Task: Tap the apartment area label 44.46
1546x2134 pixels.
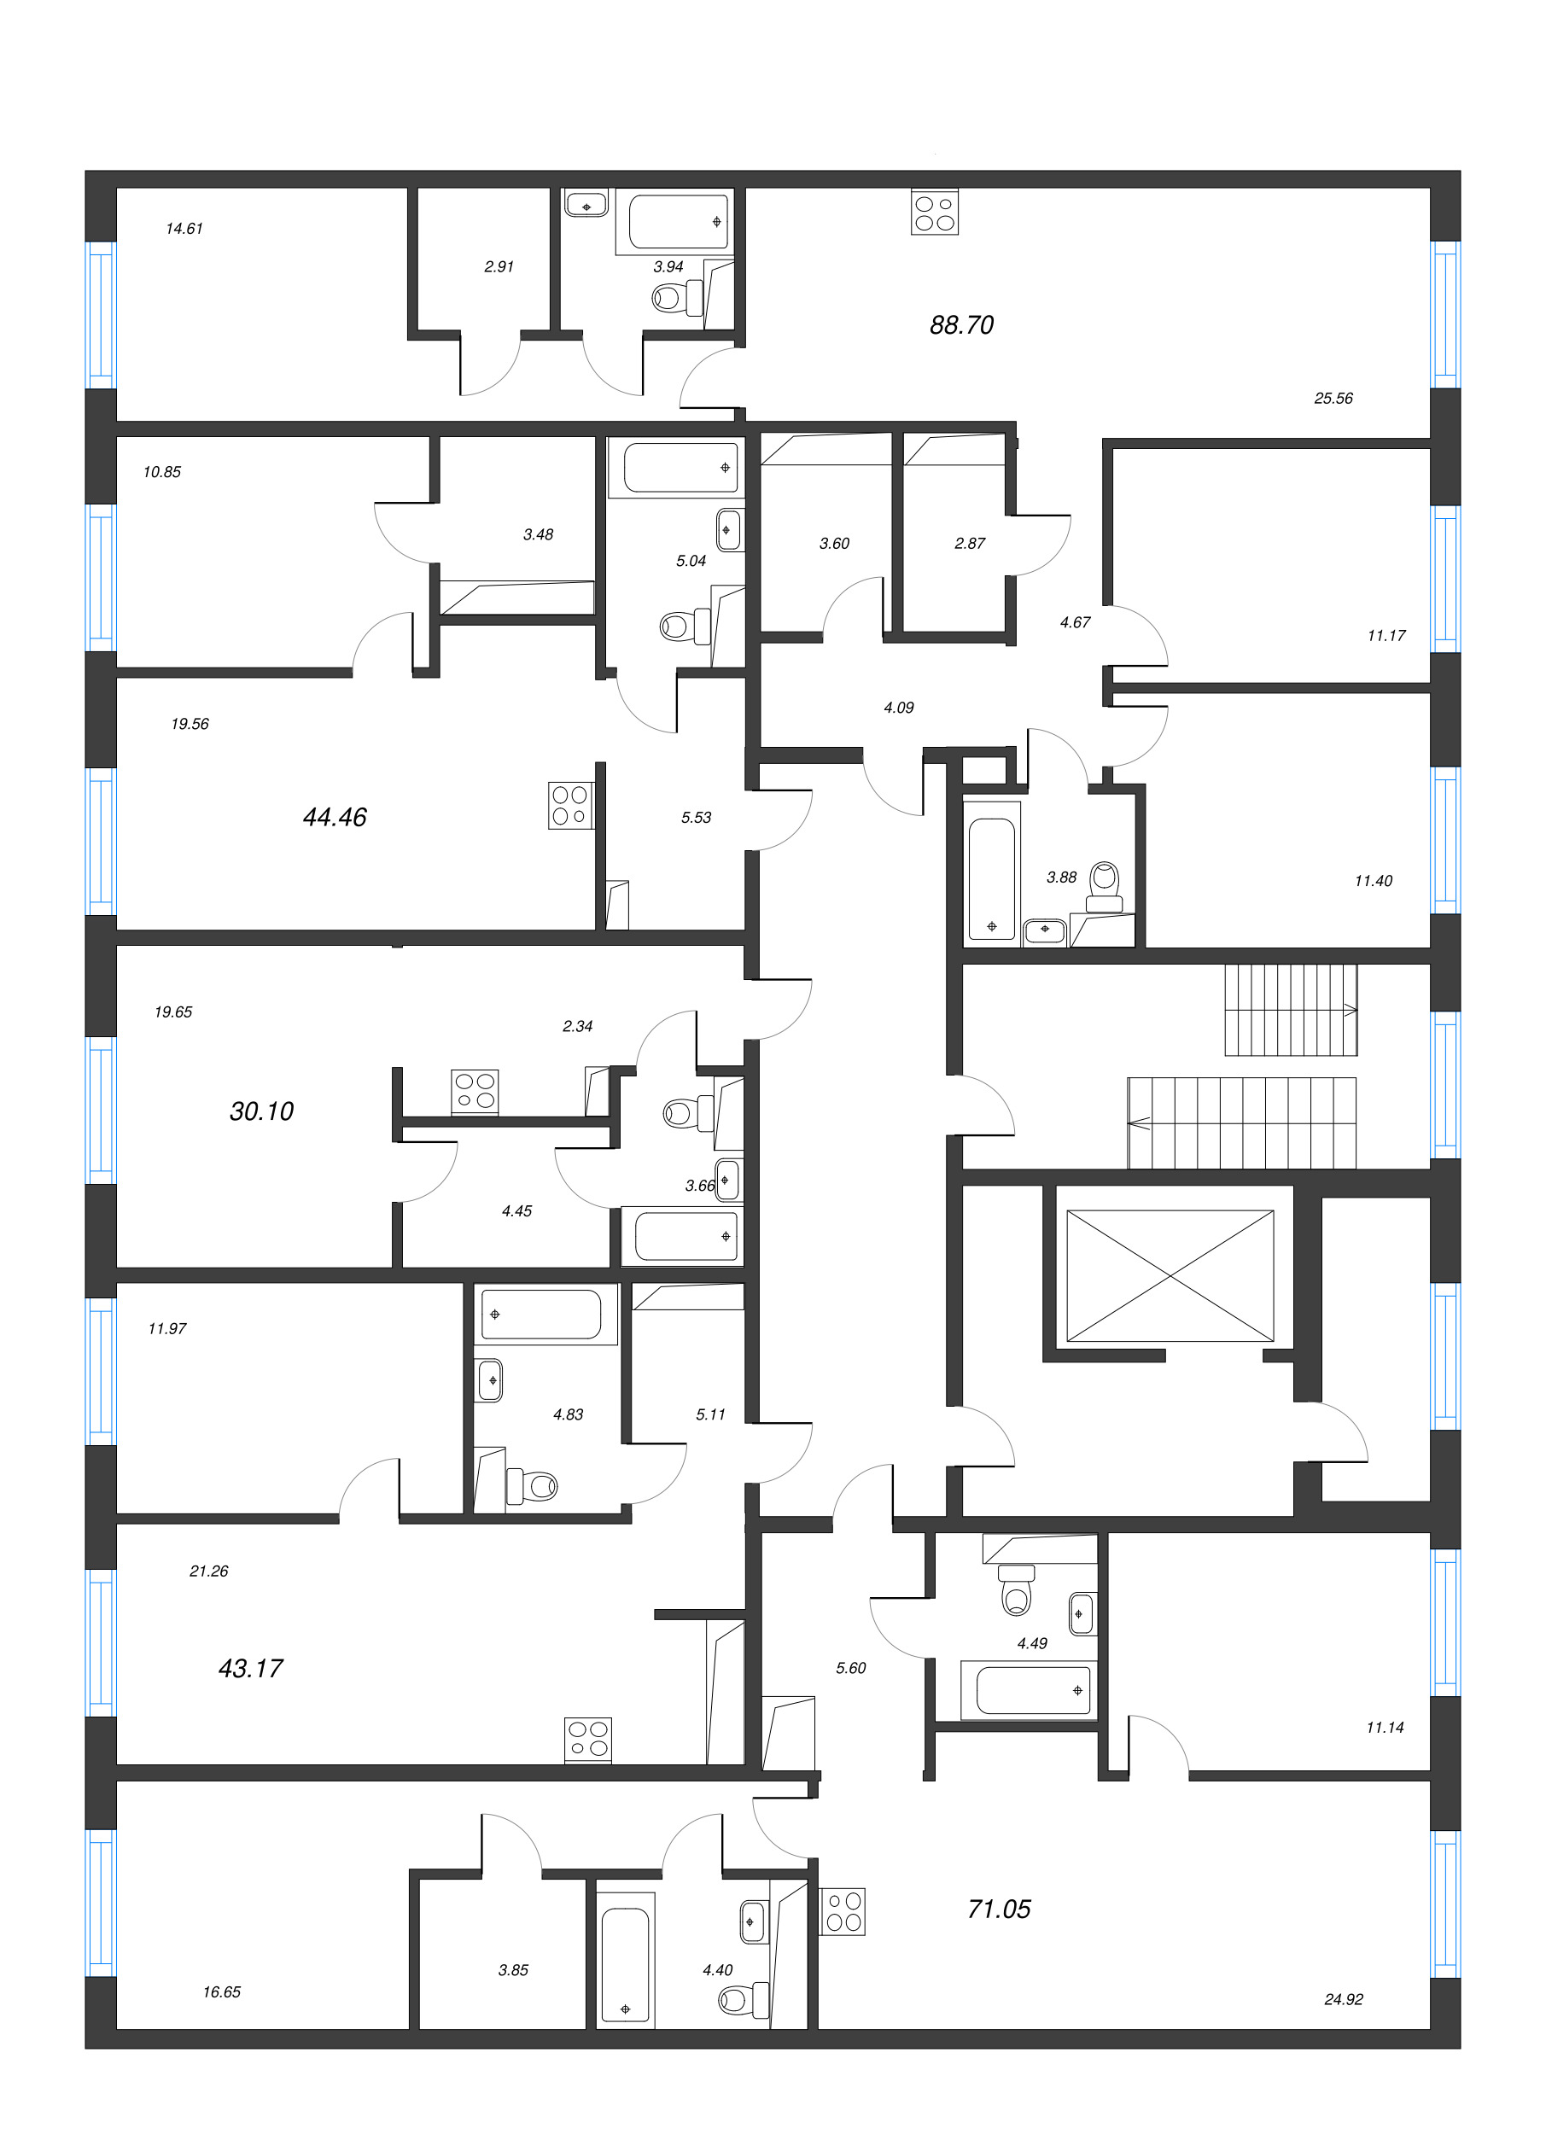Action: click(334, 817)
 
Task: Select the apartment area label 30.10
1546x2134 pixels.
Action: click(261, 1111)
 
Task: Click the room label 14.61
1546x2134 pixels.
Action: click(184, 229)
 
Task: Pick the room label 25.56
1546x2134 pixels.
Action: click(1333, 399)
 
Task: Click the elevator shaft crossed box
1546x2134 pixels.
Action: click(1170, 1275)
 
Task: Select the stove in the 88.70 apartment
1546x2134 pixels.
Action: click(935, 213)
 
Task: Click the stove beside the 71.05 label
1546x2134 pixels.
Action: click(843, 1913)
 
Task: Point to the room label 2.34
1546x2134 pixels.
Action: click(577, 1027)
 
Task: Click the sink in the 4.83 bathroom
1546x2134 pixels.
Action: click(489, 1380)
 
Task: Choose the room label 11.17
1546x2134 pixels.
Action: click(1386, 636)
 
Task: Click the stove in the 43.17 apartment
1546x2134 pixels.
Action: click(588, 1739)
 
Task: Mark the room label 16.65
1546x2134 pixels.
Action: click(222, 1992)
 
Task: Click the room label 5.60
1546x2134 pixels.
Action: click(850, 1668)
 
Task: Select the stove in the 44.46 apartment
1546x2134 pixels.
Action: click(571, 807)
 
